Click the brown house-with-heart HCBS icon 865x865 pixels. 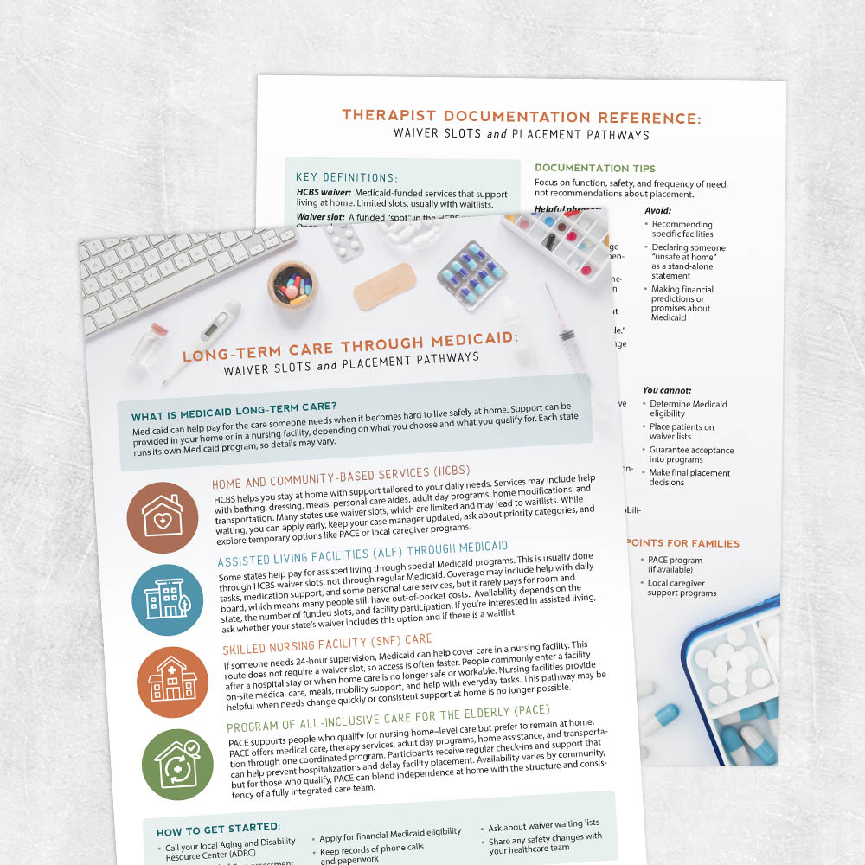[x=163, y=518]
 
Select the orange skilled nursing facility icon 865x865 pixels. [x=172, y=682]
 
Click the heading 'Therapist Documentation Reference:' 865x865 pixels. [x=522, y=116]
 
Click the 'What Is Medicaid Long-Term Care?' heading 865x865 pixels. [x=234, y=407]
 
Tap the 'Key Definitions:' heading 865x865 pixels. [x=346, y=176]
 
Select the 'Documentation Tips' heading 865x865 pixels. [x=595, y=168]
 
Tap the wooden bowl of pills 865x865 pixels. [x=292, y=283]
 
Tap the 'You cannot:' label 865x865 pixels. [x=667, y=390]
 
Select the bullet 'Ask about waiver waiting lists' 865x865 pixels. [x=543, y=825]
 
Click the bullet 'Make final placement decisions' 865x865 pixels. [x=689, y=477]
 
